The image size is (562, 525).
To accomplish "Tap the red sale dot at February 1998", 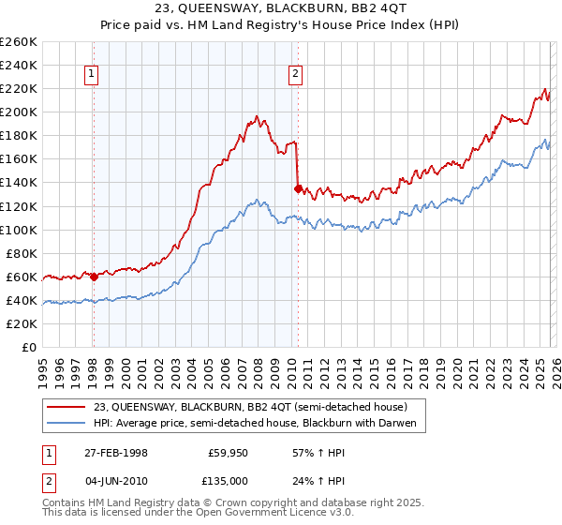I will tap(94, 277).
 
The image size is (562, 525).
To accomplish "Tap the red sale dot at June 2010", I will tap(298, 188).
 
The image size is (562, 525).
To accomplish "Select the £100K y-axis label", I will tap(19, 230).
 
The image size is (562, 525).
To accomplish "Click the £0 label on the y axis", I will tap(28, 347).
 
